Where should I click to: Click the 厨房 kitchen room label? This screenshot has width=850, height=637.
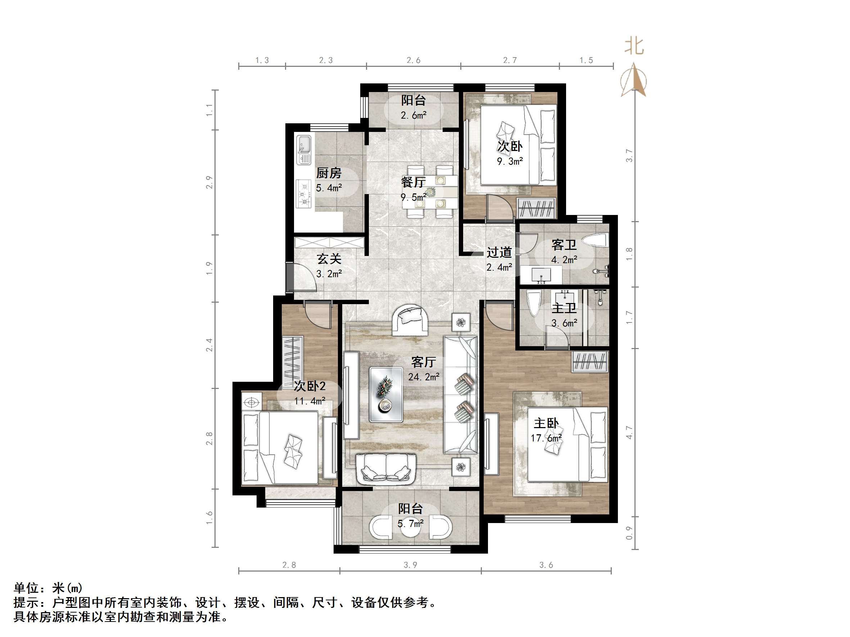[329, 174]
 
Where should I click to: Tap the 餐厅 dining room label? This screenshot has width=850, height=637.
[413, 182]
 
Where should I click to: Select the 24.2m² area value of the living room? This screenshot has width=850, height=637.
[424, 377]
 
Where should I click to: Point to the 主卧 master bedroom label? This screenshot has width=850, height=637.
[546, 423]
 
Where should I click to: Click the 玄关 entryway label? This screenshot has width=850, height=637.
[329, 259]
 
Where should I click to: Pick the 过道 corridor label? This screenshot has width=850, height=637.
[499, 252]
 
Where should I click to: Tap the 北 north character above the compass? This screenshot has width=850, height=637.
[634, 46]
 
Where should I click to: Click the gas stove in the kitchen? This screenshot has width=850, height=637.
[304, 194]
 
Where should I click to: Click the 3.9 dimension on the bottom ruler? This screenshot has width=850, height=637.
[410, 565]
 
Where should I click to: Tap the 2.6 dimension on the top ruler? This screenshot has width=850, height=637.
[413, 60]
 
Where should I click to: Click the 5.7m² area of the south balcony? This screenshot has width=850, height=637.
[410, 523]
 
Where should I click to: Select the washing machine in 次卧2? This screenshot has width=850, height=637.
[252, 402]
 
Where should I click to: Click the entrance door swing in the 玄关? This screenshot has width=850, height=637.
[304, 277]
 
